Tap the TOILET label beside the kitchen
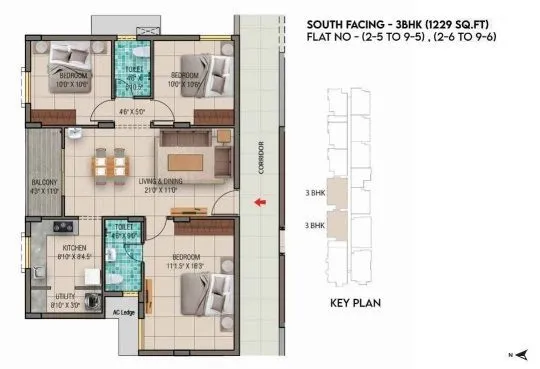point(124,227)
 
